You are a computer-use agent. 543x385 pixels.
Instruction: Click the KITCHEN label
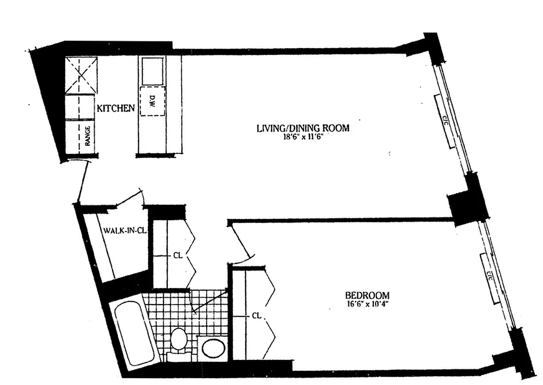click(116, 108)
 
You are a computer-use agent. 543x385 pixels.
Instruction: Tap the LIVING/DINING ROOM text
click(302, 128)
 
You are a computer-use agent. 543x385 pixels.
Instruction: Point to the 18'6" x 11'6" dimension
click(302, 137)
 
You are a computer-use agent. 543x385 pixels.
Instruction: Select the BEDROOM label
click(367, 295)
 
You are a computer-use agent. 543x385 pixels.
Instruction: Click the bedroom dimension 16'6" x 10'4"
click(367, 304)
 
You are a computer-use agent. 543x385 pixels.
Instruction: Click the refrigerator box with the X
click(81, 76)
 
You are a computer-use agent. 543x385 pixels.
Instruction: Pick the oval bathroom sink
click(213, 348)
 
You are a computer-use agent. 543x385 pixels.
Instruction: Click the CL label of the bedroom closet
click(256, 316)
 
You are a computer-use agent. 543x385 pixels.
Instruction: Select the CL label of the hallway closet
click(177, 256)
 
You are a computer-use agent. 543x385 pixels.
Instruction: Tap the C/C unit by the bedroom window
click(489, 278)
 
